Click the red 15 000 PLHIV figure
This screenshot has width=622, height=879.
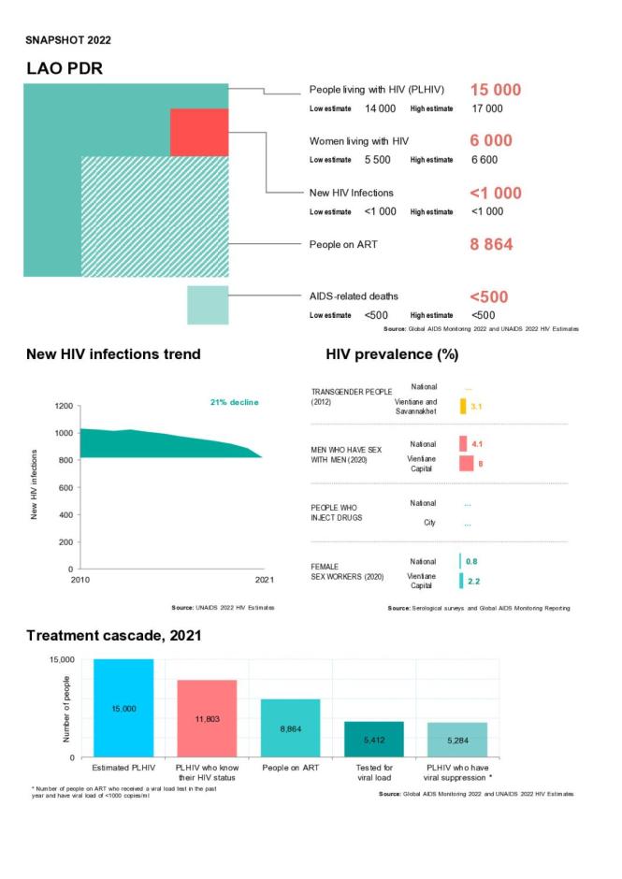click(x=495, y=91)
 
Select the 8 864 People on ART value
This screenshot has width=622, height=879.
click(x=491, y=245)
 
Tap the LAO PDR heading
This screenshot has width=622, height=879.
click(x=65, y=69)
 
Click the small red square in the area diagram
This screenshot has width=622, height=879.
click(x=199, y=132)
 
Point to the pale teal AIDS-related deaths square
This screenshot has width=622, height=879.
click(x=208, y=305)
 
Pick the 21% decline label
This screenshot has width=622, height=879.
click(x=234, y=402)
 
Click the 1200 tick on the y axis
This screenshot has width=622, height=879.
click(x=63, y=406)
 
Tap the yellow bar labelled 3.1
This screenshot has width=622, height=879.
click(x=463, y=406)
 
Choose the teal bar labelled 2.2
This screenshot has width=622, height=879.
click(x=461, y=581)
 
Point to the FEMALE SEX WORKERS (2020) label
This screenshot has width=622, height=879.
click(x=343, y=571)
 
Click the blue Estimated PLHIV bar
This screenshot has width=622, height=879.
click(x=123, y=708)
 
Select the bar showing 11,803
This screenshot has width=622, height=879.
click(x=207, y=718)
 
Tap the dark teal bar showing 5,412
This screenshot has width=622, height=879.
click(x=373, y=739)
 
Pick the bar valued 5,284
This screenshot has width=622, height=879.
click(x=457, y=740)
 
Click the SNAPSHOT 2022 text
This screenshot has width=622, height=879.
click(x=68, y=39)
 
